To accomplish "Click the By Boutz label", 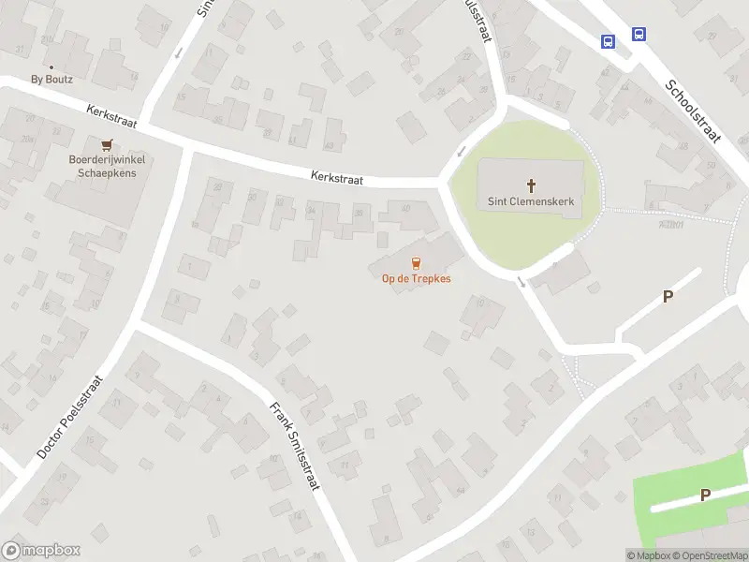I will [51, 80].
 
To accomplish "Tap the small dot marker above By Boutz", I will [51, 67].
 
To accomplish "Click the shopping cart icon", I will [106, 145].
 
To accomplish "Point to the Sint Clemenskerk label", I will [531, 200].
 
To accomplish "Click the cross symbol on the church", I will [532, 185].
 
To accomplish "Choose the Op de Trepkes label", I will [416, 278].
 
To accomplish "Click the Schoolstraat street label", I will [693, 111].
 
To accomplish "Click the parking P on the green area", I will [705, 495].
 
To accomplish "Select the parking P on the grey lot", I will [668, 297].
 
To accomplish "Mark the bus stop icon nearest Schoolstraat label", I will [639, 35].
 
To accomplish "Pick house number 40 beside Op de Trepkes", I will [405, 208].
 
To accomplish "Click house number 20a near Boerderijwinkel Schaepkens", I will [28, 139].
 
